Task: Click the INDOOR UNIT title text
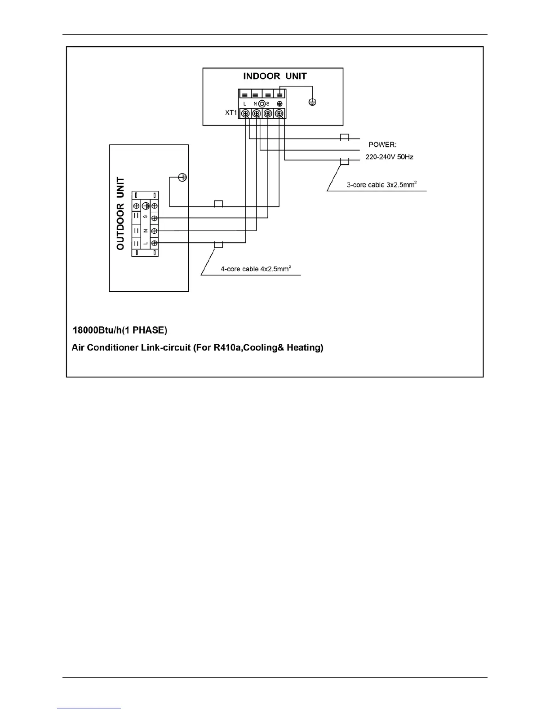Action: pos(275,76)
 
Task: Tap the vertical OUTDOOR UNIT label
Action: pos(120,213)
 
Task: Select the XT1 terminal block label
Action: pos(231,113)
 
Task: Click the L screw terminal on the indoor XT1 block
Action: pos(245,114)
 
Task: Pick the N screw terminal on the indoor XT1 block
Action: pos(257,114)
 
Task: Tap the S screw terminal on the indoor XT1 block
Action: pos(268,114)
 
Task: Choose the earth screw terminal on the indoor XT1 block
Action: pos(279,114)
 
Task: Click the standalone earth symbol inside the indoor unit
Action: pos(312,102)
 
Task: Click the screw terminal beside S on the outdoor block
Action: pos(154,218)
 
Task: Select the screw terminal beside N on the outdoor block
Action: pos(154,231)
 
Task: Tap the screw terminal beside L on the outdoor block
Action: pos(154,243)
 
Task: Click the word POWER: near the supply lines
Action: pos(382,145)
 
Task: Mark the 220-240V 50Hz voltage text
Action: pos(389,157)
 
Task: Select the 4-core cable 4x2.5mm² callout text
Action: pos(256,269)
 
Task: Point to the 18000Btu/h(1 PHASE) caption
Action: pos(120,330)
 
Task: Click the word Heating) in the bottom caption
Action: pos(305,347)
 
